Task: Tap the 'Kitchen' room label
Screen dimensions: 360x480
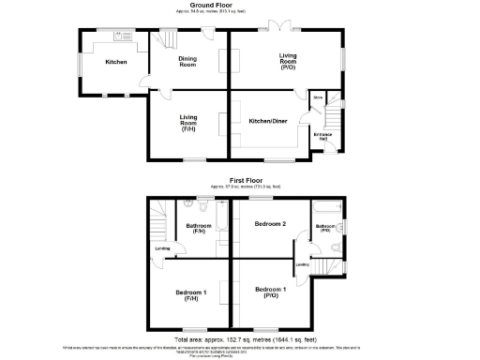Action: click(x=116, y=62)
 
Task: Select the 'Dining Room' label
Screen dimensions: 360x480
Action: click(x=187, y=62)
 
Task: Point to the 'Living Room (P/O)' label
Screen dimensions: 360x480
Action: click(x=288, y=61)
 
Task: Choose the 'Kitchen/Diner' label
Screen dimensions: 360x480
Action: click(x=267, y=121)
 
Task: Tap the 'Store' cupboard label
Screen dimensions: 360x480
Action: click(x=318, y=97)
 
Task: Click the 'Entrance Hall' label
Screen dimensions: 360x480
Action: click(x=322, y=137)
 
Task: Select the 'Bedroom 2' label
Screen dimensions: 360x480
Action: click(x=271, y=223)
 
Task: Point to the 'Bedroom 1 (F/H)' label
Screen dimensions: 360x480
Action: click(x=189, y=295)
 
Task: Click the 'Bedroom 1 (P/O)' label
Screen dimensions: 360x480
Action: click(x=270, y=291)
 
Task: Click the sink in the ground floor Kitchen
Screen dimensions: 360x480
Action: click(x=120, y=37)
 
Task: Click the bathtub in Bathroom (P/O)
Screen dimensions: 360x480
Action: click(x=325, y=205)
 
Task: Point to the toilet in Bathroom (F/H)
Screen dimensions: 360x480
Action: click(x=188, y=203)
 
